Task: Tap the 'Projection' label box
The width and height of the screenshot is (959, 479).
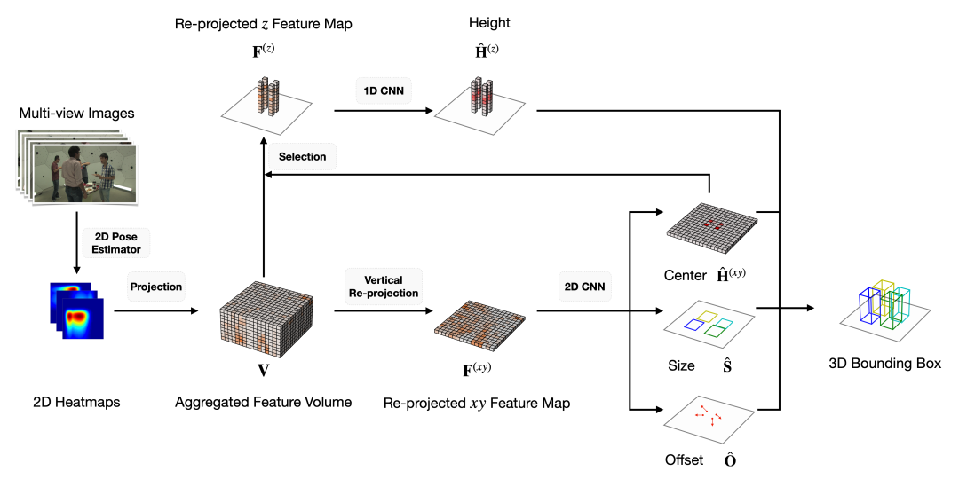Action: pyautogui.click(x=156, y=287)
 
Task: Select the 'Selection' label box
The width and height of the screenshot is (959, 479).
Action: pyautogui.click(x=302, y=157)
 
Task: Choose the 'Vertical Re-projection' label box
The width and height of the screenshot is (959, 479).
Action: pyautogui.click(x=384, y=287)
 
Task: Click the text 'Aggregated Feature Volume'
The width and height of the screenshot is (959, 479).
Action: pyautogui.click(x=263, y=402)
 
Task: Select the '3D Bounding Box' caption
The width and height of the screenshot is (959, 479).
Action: pyautogui.click(x=884, y=364)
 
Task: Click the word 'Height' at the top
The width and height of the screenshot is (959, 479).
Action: pyautogui.click(x=491, y=24)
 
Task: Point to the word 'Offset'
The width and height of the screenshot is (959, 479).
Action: pyautogui.click(x=684, y=460)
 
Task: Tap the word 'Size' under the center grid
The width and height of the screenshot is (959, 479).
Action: pyautogui.click(x=681, y=365)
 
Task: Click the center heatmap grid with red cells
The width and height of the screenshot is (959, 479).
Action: pyautogui.click(x=711, y=225)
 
